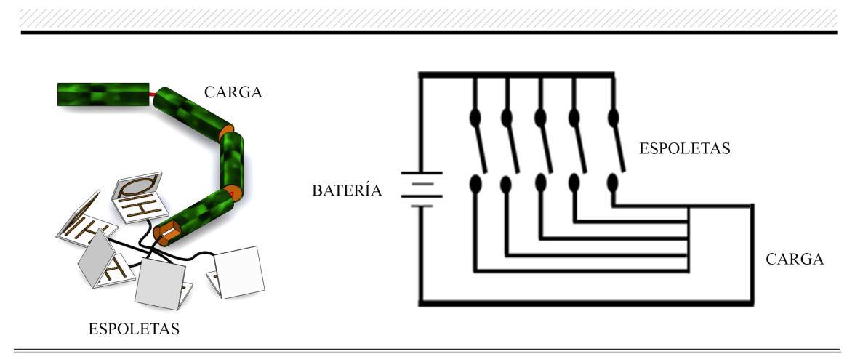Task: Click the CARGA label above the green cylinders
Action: tap(233, 93)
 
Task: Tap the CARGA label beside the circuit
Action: tap(795, 260)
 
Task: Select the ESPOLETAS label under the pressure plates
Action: tap(134, 329)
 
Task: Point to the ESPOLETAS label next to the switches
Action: tap(684, 150)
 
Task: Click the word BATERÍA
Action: tap(347, 191)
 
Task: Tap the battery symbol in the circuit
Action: tap(422, 190)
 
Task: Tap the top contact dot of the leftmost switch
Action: tap(474, 117)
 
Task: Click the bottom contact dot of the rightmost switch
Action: tap(613, 182)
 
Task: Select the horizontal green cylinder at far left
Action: tap(103, 94)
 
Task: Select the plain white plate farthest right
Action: tap(239, 273)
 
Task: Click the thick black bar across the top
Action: tap(429, 32)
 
